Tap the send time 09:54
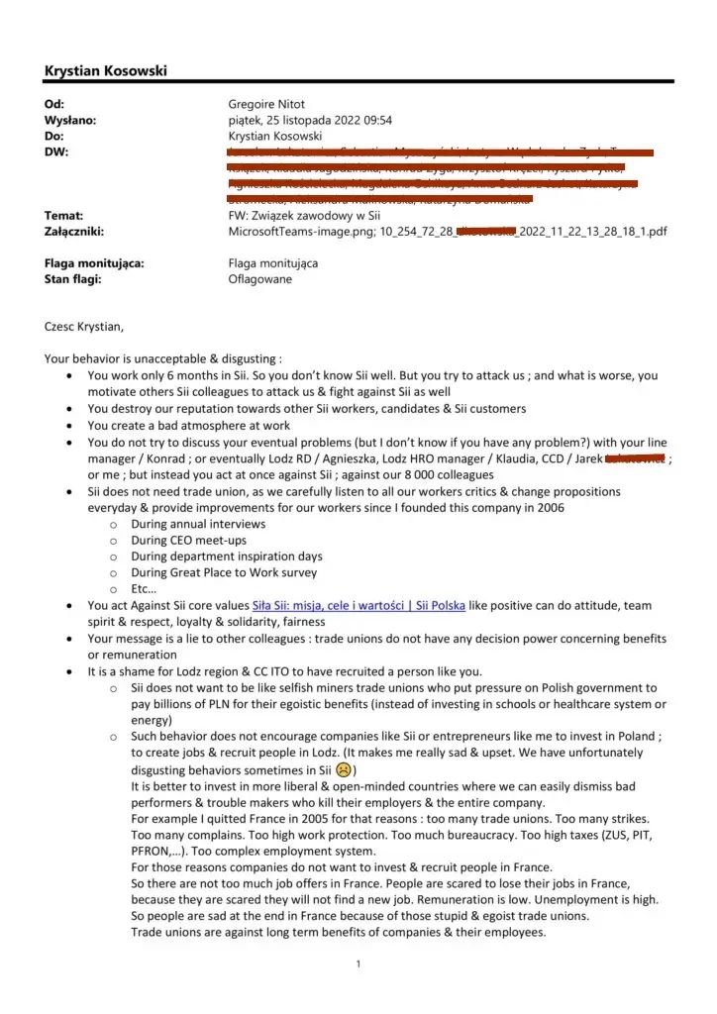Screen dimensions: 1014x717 pyautogui.click(x=375, y=120)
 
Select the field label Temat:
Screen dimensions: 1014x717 pyautogui.click(x=63, y=215)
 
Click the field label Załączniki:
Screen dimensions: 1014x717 pyautogui.click(x=74, y=231)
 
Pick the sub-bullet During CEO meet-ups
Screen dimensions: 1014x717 pyautogui.click(x=189, y=541)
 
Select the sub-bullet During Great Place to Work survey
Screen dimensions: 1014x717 pyautogui.click(x=224, y=572)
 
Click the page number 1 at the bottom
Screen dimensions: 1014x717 pyautogui.click(x=358, y=964)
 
